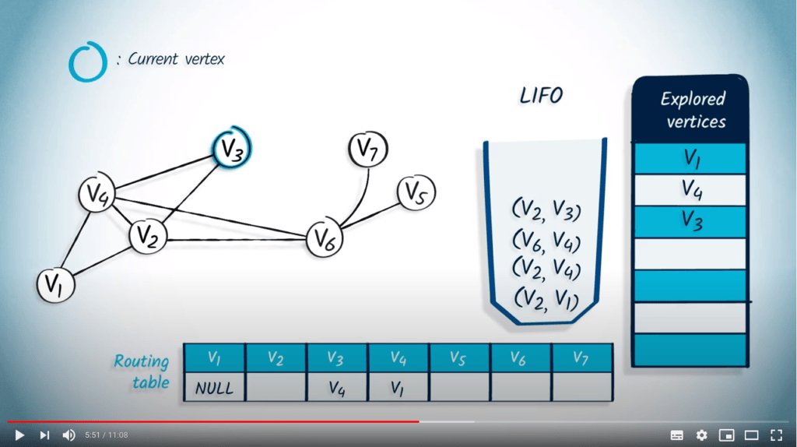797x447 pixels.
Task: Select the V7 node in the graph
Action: (x=367, y=150)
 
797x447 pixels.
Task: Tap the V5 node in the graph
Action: (x=416, y=192)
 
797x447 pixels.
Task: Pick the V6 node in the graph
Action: (x=324, y=239)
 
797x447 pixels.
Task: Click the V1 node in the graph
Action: (x=55, y=285)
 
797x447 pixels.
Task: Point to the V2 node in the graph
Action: (x=147, y=236)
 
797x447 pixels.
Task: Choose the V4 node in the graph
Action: (x=97, y=195)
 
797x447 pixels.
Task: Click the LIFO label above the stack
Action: (x=541, y=97)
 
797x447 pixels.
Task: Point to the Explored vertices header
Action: (x=692, y=110)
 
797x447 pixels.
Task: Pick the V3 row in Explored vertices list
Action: (x=692, y=220)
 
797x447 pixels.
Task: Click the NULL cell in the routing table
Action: (x=214, y=387)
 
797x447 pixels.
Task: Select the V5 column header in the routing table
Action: (x=458, y=358)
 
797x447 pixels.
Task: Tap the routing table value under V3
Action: (x=336, y=387)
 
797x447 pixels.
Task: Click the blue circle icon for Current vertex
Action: (x=87, y=62)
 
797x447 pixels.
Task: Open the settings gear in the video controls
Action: (x=701, y=435)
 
